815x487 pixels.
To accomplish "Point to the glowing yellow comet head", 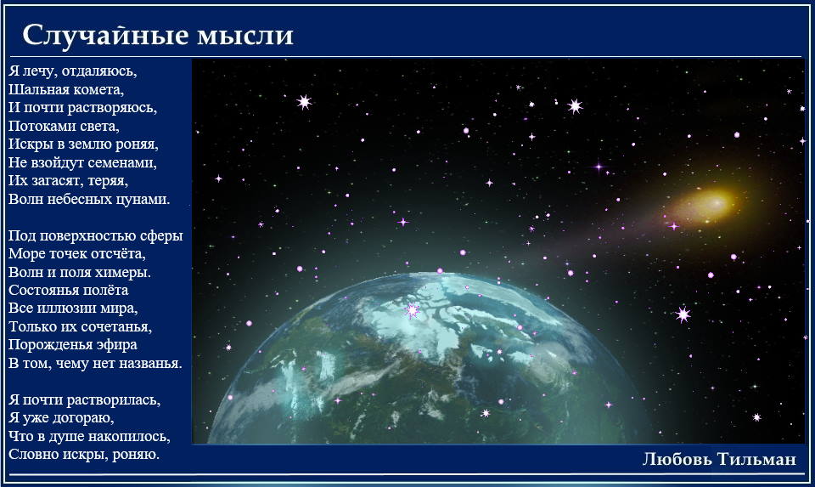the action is pos(713,202).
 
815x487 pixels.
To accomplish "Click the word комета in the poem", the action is pos(98,89).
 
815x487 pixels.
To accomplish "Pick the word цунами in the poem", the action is pos(143,199).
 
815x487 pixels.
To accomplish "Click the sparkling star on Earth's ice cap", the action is pos(413,310).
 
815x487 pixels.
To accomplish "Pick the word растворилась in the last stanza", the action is pos(114,399).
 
